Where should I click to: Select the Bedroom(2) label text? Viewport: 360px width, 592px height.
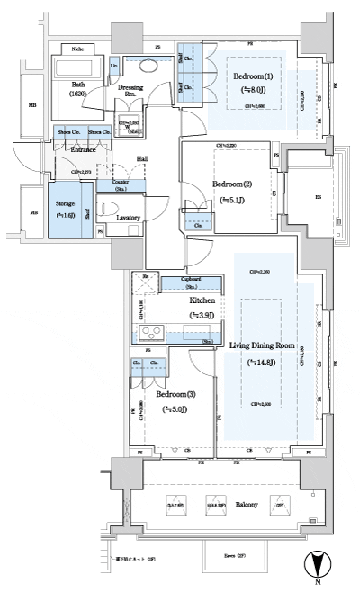point(231,184)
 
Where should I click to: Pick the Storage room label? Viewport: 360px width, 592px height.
point(64,204)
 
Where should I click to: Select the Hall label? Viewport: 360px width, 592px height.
point(142,159)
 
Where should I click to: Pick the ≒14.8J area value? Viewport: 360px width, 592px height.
point(265,362)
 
